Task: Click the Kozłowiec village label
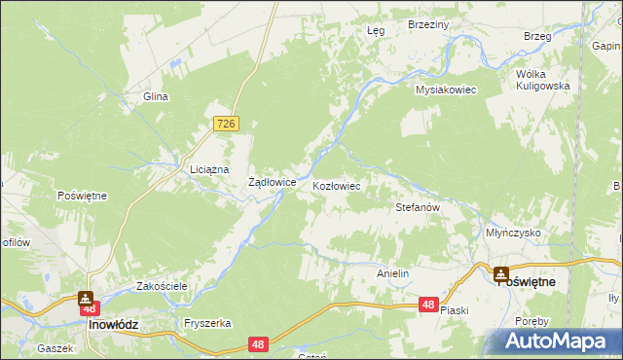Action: pyautogui.click(x=337, y=185)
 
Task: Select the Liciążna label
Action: pyautogui.click(x=209, y=168)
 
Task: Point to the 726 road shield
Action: pyautogui.click(x=227, y=124)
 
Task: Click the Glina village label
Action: pyautogui.click(x=157, y=96)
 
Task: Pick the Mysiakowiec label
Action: pyautogui.click(x=445, y=90)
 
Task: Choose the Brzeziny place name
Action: pyautogui.click(x=427, y=24)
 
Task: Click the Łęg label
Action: pyautogui.click(x=376, y=30)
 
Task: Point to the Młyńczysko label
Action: pyautogui.click(x=512, y=233)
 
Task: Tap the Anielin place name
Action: pyautogui.click(x=392, y=274)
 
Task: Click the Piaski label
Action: pyautogui.click(x=455, y=310)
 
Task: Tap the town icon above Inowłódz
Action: pyautogui.click(x=86, y=299)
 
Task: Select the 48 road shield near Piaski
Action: pyautogui.click(x=428, y=305)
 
